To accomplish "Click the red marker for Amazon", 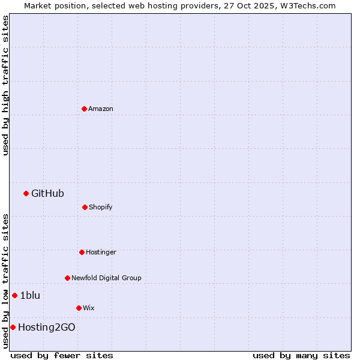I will click(84, 109).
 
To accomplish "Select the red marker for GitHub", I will click(26, 193).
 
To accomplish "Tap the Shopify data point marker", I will click(85, 207).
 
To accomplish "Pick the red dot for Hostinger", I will click(82, 252).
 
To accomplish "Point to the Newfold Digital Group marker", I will click(67, 278).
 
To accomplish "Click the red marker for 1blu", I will click(14, 295).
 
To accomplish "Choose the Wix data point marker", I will click(79, 308).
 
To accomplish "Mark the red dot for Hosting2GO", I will click(13, 327).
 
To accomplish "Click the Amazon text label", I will click(101, 109).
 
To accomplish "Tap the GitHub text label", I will click(47, 193).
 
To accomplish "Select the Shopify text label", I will click(101, 207).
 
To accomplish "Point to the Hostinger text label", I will click(101, 252).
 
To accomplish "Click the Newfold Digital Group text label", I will click(106, 278).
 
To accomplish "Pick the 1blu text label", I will click(30, 295).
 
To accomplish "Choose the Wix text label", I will click(89, 308).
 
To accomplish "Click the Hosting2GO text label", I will click(47, 327).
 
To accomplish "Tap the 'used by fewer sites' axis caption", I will click(62, 355).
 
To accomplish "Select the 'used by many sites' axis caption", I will click(301, 355).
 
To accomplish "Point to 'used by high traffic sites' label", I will click(5, 85).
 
